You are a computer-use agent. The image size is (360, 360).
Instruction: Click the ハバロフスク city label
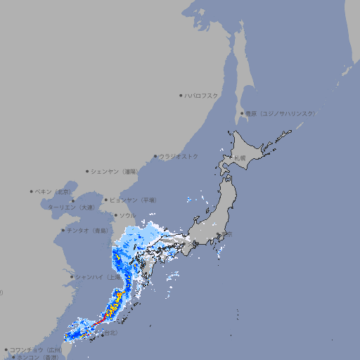(x=201, y=95)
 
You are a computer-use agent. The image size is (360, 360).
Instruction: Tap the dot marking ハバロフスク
(x=181, y=95)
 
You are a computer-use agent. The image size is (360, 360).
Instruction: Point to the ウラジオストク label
(x=179, y=156)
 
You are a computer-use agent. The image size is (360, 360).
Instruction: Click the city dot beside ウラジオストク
(x=155, y=157)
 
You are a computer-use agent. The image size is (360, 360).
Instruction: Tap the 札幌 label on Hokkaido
(x=240, y=157)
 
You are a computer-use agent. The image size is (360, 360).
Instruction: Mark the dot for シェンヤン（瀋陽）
(x=87, y=171)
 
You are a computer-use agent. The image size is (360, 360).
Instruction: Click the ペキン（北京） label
(x=53, y=191)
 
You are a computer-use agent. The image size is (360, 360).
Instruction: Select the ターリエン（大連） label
(x=71, y=207)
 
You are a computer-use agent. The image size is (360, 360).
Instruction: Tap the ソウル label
(x=127, y=215)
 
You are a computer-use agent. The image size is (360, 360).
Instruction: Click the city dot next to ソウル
(x=115, y=215)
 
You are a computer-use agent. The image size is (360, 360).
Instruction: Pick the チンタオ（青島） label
(x=87, y=230)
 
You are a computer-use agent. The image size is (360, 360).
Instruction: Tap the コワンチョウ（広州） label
(x=36, y=349)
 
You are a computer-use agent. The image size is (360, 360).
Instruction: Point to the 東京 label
(x=226, y=236)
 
